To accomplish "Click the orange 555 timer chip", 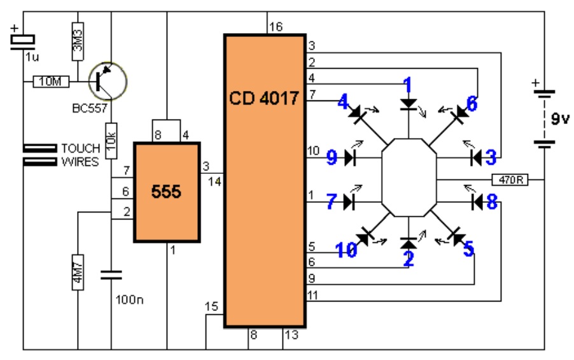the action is (x=167, y=192).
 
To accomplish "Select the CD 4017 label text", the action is (x=264, y=98).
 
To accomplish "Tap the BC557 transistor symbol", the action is (x=108, y=81).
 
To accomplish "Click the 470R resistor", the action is (x=510, y=179).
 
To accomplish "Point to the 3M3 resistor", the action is (x=78, y=41).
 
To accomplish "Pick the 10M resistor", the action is (x=51, y=81).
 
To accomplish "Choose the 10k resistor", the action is (x=111, y=141).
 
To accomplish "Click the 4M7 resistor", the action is (x=78, y=272).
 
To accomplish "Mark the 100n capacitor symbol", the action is (x=111, y=275).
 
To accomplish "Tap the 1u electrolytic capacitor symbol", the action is (x=23, y=41).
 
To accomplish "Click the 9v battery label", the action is (x=560, y=118).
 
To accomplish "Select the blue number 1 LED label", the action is (x=407, y=85).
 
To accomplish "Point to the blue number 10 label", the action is (x=346, y=250).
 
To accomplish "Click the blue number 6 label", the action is (x=472, y=104).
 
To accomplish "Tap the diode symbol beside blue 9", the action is (x=351, y=158).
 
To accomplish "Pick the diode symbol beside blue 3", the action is (x=476, y=158).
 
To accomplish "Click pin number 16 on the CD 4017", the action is (x=276, y=27).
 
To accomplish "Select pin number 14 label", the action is (x=214, y=181).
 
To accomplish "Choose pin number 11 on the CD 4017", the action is (x=312, y=295).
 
